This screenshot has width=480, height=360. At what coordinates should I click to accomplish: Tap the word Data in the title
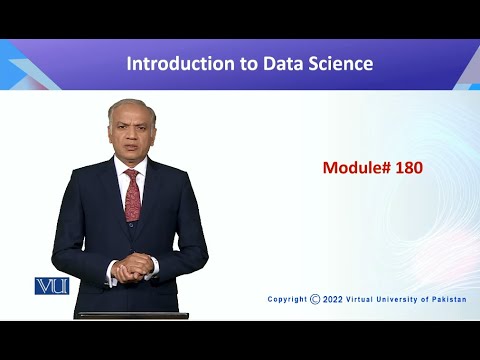pyautogui.click(x=281, y=64)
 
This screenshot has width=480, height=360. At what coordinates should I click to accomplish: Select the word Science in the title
pyautogui.click(x=339, y=64)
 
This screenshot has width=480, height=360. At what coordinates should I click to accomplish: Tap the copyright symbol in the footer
pyautogui.click(x=315, y=298)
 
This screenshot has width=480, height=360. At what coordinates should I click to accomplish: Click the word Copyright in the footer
pyautogui.click(x=288, y=298)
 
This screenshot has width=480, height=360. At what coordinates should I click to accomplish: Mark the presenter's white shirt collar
pyautogui.click(x=120, y=171)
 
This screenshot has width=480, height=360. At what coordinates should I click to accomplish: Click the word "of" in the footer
pyautogui.click(x=425, y=298)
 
